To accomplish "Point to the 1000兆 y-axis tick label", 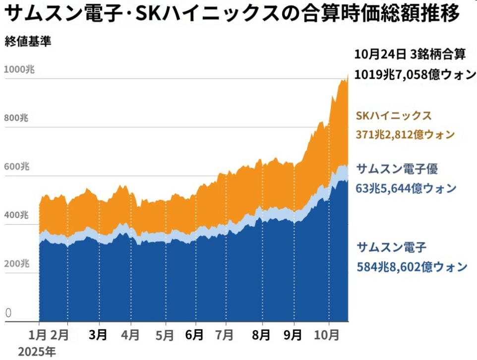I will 19,70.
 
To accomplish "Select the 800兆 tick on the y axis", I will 17,119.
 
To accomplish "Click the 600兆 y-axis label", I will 17,167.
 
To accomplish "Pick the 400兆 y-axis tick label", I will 17,216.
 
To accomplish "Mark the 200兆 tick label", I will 17,264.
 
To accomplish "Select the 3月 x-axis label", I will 99,335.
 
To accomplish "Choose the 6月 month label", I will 194,335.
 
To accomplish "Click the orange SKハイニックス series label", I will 394,116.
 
